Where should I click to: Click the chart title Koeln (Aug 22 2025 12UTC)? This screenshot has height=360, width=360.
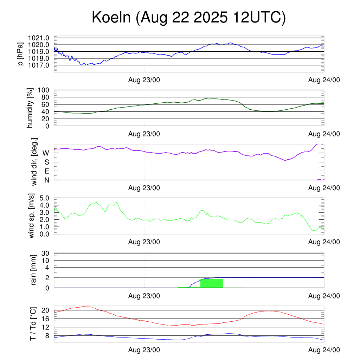click(189, 18)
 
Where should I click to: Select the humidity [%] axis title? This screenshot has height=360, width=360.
click(31, 108)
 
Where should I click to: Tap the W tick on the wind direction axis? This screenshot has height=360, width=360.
click(46, 153)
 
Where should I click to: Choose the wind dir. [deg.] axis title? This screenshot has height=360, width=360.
click(34, 162)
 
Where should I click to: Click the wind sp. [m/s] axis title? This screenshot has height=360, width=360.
click(32, 216)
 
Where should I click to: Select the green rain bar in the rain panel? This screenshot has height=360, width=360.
click(211, 283)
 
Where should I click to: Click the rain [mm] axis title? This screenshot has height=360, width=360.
click(34, 270)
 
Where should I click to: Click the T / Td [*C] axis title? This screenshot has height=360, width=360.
click(33, 324)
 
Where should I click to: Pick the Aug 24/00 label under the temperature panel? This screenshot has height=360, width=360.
click(324, 350)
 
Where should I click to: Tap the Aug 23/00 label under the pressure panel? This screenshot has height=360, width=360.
click(144, 80)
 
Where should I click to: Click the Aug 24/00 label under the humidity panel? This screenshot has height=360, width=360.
click(324, 134)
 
